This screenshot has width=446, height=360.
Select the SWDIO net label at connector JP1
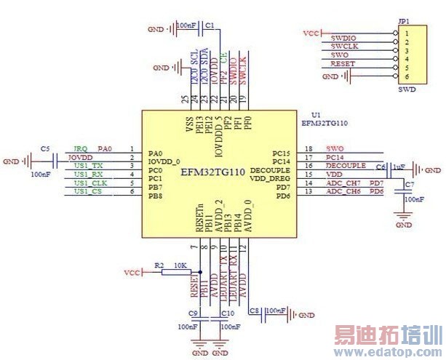[x=343, y=37]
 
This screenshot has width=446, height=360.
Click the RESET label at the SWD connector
[x=342, y=64]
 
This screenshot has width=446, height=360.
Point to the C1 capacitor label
[x=210, y=25]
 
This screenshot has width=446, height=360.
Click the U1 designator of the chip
[x=315, y=115]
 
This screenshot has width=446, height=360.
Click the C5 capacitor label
[x=45, y=148]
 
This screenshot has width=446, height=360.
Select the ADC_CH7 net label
[x=343, y=183]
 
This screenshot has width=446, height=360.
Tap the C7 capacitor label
[x=409, y=185]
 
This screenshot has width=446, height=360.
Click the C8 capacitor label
[x=255, y=311]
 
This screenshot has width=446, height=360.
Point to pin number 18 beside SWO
[x=309, y=148]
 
